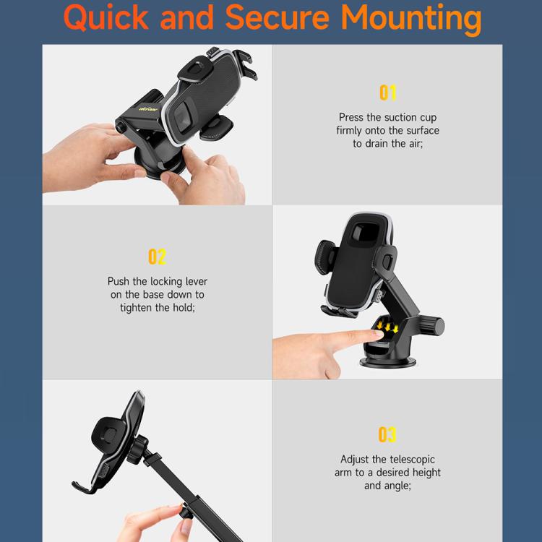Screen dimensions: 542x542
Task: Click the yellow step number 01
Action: [x=388, y=93]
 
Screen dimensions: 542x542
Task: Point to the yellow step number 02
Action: [x=157, y=257]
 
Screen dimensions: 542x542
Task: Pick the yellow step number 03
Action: [x=387, y=434]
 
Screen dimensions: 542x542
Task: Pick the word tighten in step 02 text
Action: [x=137, y=307]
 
